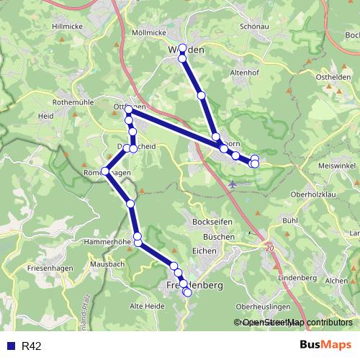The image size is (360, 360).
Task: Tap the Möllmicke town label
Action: (151, 33)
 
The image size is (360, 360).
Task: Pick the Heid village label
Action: (47, 115)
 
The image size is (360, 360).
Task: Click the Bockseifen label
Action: (211, 222)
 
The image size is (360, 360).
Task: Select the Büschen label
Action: (218, 236)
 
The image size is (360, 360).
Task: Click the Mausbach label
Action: (108, 264)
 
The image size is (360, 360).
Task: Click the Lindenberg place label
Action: (292, 278)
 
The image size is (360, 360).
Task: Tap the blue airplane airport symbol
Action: (231, 184)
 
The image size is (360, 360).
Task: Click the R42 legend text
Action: (32, 346)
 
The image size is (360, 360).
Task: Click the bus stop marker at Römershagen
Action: (106, 171)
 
